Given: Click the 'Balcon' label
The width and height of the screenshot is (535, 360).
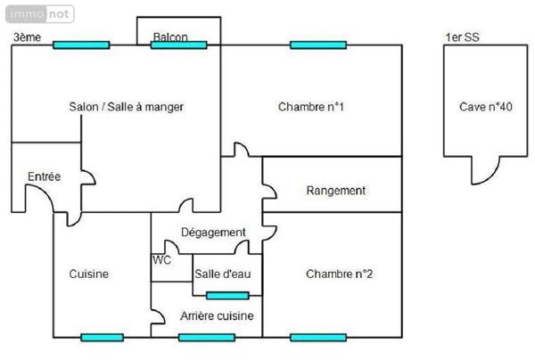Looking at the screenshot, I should coord(170,37).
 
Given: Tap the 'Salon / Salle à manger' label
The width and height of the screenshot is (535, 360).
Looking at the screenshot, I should coord(127,107).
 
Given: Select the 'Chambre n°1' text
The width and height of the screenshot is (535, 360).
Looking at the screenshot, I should coord(311,107).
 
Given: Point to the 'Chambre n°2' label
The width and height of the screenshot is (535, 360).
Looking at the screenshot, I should coord(339,274).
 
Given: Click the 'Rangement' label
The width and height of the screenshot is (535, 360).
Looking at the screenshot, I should coord(336,191).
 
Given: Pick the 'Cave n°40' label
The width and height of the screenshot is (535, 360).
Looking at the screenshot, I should coord(486,107).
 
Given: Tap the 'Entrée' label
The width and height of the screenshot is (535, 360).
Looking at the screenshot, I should coord(44,177).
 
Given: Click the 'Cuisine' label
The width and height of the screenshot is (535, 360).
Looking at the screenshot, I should coord(89,274).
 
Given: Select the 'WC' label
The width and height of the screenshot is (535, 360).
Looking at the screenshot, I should coord(161,260).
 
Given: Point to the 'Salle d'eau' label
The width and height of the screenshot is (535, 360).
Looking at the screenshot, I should coord(221,274).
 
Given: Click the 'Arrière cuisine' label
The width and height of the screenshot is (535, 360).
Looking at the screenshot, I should coord(217,315).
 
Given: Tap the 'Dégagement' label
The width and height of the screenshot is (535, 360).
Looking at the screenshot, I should coord(213,233).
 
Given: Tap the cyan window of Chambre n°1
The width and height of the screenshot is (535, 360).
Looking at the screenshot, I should coord(318,45).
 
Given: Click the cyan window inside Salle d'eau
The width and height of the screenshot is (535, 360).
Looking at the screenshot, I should coord(227,296).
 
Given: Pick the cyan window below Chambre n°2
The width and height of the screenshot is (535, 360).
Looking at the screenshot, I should coord(318,337).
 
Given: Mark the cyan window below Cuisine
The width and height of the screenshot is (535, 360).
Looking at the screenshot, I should coord(102,337).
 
